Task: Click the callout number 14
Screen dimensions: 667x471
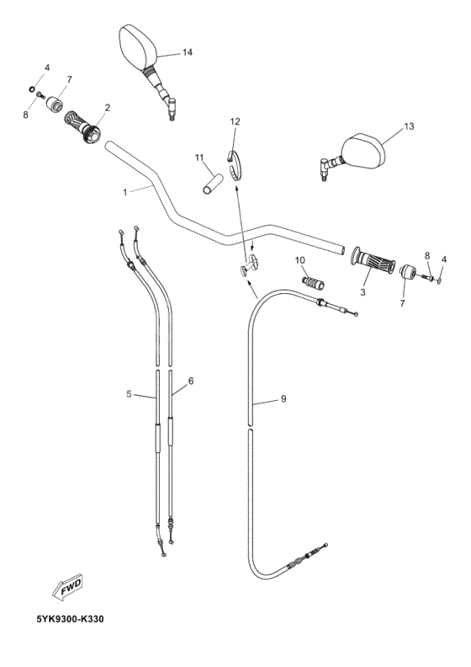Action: click(x=187, y=52)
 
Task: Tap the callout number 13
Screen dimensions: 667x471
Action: click(x=409, y=127)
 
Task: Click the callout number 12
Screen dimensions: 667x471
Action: click(x=235, y=122)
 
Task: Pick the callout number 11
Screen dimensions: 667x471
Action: click(x=199, y=157)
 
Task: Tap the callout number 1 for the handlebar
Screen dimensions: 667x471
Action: click(x=125, y=193)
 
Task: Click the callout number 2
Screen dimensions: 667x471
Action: click(x=108, y=108)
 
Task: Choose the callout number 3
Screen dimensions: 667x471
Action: click(x=363, y=292)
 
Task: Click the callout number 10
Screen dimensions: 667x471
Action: click(x=299, y=260)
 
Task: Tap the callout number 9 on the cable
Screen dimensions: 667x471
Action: click(x=283, y=399)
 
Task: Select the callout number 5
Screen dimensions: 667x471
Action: click(x=129, y=393)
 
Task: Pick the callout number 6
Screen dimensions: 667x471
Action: click(x=191, y=382)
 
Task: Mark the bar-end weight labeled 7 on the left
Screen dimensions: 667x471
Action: click(x=56, y=104)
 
